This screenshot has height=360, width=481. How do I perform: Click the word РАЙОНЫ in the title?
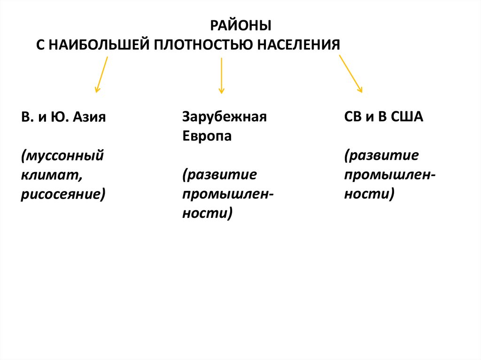tap(240, 26)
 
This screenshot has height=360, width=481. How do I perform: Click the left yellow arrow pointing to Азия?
tap(102, 74)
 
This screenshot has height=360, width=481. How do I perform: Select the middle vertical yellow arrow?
tap(221, 75)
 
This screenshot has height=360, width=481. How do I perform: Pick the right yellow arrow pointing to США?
tap(350, 74)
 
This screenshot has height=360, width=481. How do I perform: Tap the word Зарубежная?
tap(224, 117)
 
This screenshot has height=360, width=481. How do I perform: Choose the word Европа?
tap(207, 137)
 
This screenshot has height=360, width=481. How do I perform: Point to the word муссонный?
tap(62, 155)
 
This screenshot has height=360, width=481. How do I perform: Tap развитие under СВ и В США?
tap(381, 155)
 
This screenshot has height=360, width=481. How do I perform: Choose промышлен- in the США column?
tap(390, 175)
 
